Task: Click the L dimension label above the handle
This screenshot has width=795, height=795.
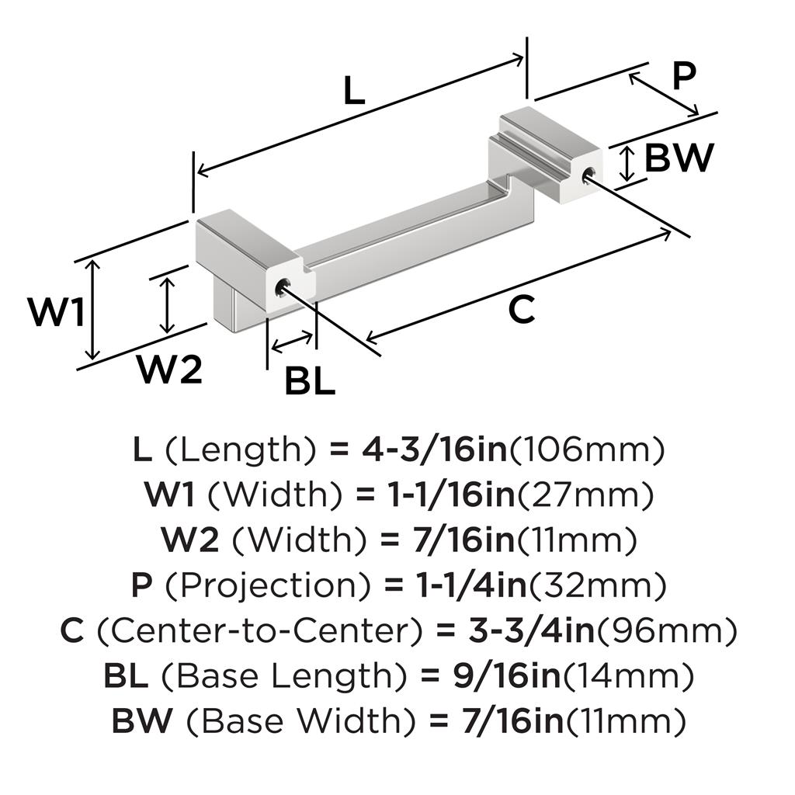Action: click(353, 92)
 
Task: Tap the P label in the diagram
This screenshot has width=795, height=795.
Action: click(683, 77)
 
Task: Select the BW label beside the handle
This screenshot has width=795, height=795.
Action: click(679, 158)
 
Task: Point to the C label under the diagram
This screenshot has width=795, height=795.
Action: click(522, 311)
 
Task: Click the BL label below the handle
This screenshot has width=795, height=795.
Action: click(310, 381)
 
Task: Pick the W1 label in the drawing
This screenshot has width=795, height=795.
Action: click(56, 313)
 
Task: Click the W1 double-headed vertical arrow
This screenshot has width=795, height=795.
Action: click(93, 308)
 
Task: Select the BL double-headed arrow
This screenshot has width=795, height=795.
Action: click(292, 340)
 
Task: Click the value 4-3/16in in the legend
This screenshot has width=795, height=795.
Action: click(436, 450)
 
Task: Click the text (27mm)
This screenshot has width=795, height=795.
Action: click(585, 495)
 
